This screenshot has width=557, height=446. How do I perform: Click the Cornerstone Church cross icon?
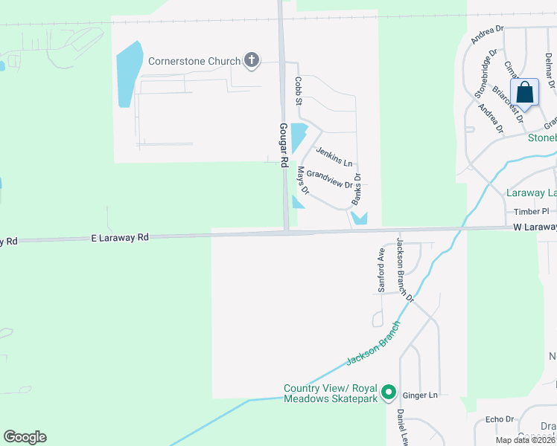click(252, 61)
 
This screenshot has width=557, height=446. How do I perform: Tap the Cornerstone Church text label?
click(194, 62)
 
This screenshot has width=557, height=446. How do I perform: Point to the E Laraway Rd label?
click(120, 237)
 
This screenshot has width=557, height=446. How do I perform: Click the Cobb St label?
click(298, 90)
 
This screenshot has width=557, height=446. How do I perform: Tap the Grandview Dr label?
click(328, 180)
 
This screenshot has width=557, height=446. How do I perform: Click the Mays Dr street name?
click(303, 180)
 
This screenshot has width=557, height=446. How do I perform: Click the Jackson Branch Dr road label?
click(405, 271)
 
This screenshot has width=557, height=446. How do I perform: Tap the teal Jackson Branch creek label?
click(374, 343)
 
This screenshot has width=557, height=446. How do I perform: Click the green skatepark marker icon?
click(388, 392)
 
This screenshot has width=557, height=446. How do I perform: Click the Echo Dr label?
click(500, 419)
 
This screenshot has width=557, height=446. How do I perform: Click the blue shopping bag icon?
click(525, 93)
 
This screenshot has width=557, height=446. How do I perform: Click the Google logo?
click(25, 437)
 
